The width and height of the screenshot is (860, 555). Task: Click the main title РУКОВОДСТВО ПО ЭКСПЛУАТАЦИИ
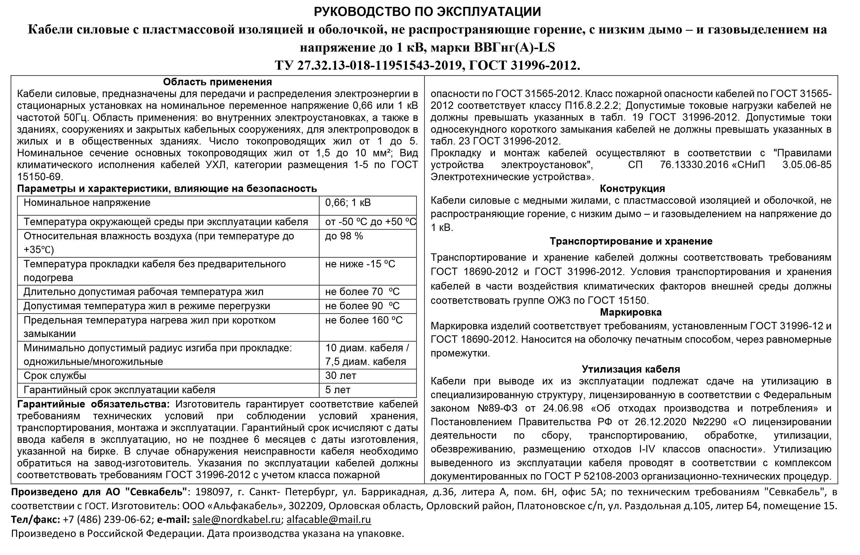[427, 12]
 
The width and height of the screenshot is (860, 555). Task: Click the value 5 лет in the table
[338, 390]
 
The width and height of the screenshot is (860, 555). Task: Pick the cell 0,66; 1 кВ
[348, 203]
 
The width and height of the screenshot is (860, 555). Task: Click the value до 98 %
[344, 236]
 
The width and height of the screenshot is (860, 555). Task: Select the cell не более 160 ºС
[364, 320]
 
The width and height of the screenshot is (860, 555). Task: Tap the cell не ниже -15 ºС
[360, 264]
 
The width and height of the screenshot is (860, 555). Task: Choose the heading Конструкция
[632, 188]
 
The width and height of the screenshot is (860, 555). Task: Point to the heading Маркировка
[631, 312]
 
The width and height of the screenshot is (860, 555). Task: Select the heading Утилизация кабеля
[631, 369]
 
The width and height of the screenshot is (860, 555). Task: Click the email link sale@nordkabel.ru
[236, 519]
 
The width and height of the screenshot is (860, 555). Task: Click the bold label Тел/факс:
[35, 519]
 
